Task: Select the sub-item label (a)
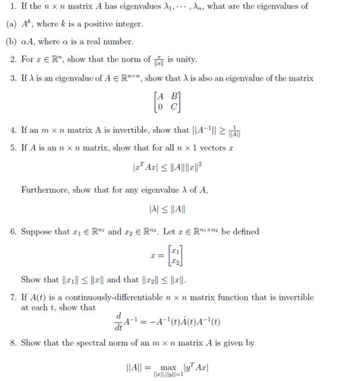[11, 24]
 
